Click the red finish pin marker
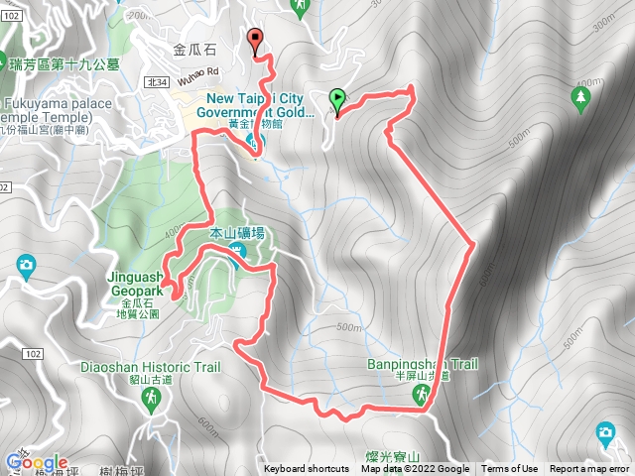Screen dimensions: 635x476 click(x=257, y=41)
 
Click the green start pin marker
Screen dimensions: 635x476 click(x=337, y=99)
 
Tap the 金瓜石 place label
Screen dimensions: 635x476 click(x=192, y=47)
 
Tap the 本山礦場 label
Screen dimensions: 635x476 click(x=238, y=233)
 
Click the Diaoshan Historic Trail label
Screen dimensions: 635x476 click(x=151, y=366)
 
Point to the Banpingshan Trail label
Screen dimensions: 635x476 click(x=422, y=365)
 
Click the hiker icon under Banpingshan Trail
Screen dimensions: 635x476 click(x=422, y=396)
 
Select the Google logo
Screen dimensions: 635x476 click(x=36, y=463)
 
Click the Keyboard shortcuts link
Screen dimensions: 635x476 click(x=306, y=469)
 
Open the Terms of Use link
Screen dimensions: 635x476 click(x=510, y=469)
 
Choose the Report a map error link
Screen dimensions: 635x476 click(x=590, y=469)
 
